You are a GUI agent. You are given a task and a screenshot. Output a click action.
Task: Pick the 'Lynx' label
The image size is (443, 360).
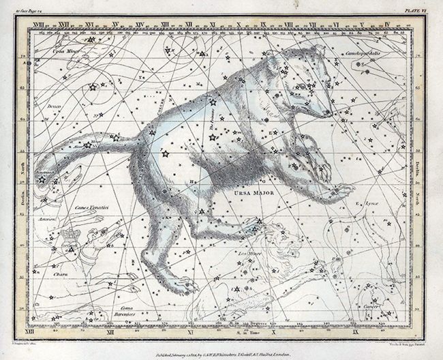(x=371, y=202)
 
